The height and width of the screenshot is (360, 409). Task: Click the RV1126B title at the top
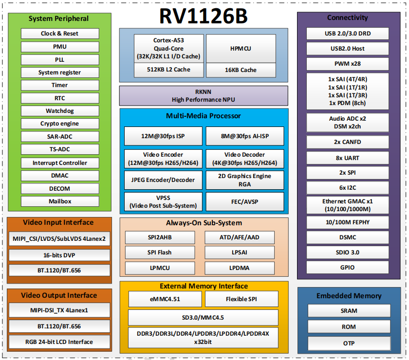(x=203, y=16)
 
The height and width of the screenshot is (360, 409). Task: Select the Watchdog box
(x=60, y=111)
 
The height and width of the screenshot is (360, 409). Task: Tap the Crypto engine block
(x=60, y=124)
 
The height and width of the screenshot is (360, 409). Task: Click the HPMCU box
(x=241, y=49)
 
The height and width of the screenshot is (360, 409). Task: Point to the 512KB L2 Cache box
(x=169, y=70)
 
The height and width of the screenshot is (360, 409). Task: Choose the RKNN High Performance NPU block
(x=204, y=96)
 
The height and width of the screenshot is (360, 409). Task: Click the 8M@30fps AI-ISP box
(x=244, y=136)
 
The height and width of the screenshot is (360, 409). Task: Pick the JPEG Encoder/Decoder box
(x=163, y=180)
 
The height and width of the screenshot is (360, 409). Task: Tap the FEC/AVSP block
(x=244, y=201)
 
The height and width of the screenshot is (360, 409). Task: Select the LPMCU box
(x=160, y=268)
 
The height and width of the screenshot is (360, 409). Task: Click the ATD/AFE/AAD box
(x=240, y=237)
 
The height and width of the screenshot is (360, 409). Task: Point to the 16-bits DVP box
(x=59, y=255)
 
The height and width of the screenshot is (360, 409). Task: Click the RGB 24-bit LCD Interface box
(x=59, y=342)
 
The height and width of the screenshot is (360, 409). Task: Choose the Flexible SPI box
(x=242, y=299)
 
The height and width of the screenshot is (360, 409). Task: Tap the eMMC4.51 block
(x=165, y=299)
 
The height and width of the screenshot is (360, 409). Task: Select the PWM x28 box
(x=348, y=64)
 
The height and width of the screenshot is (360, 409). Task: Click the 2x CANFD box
(x=348, y=142)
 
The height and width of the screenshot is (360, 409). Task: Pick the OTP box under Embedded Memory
(x=349, y=343)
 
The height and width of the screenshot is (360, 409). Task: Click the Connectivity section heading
(x=348, y=18)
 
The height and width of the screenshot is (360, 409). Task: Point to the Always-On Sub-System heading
(x=204, y=223)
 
